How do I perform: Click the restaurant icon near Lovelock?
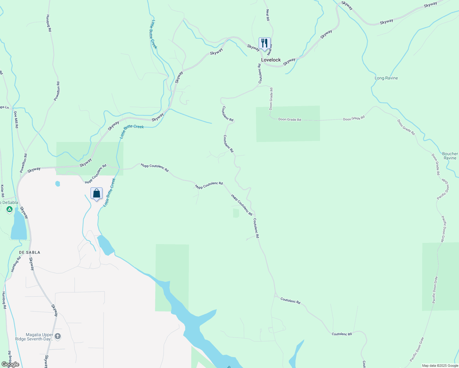[x=264, y=43]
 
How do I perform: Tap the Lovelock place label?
[x=271, y=60]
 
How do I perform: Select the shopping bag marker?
[x=96, y=194]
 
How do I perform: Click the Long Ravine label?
[x=386, y=78]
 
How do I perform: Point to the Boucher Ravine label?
[x=450, y=156]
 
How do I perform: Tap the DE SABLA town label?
[x=29, y=252]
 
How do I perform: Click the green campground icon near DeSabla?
[x=10, y=209]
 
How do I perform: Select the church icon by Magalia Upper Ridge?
[x=58, y=336]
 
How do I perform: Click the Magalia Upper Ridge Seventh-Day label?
[x=34, y=337]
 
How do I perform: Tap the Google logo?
[x=10, y=364]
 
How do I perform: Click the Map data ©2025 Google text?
[x=440, y=366]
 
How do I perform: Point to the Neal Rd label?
[x=268, y=15]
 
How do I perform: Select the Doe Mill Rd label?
[x=16, y=119]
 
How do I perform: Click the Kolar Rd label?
[x=2, y=191]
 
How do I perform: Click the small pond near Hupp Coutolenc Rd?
[x=57, y=184]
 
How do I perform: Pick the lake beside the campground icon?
[x=18, y=225]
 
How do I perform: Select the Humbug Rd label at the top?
[x=49, y=23]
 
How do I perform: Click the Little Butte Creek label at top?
[x=154, y=34]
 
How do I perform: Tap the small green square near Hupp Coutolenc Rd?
[x=236, y=213]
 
